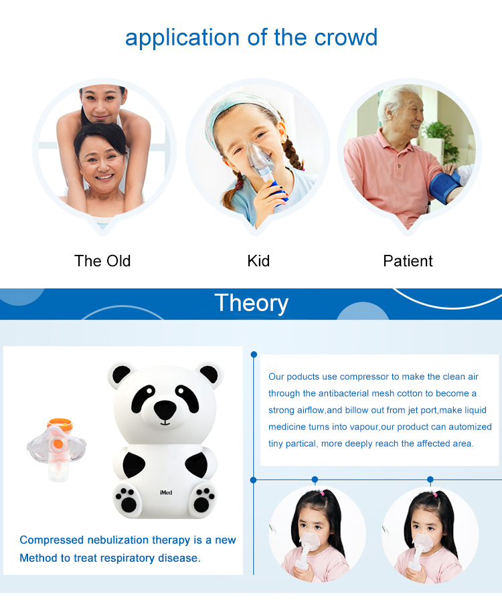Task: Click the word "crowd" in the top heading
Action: [345, 37]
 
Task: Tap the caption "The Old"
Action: [102, 261]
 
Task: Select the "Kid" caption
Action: [258, 261]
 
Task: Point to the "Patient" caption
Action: [408, 261]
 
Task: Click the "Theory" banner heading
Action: [252, 303]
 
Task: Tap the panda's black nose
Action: [165, 409]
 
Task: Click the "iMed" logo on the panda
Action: [166, 492]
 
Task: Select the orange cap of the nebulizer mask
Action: [60, 423]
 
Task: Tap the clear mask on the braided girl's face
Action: [259, 157]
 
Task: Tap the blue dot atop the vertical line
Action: [254, 355]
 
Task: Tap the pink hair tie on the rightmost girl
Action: [436, 494]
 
